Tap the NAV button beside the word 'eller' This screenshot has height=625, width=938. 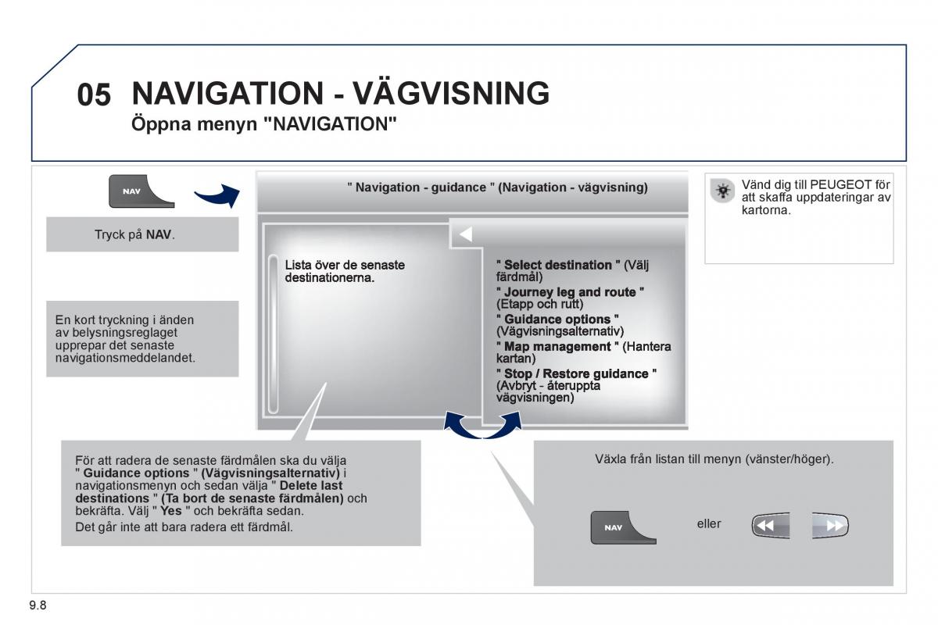click(622, 527)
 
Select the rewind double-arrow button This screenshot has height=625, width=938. click(770, 526)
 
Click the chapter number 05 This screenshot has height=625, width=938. click(94, 95)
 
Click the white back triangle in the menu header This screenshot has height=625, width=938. click(465, 234)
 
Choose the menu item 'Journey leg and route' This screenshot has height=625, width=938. click(571, 292)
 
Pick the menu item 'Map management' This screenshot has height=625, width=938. click(557, 347)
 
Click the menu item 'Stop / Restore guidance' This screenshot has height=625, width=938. click(577, 374)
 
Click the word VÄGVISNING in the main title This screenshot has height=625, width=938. click(452, 94)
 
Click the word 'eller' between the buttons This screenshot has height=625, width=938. click(709, 523)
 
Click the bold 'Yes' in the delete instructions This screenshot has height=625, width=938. click(171, 511)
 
